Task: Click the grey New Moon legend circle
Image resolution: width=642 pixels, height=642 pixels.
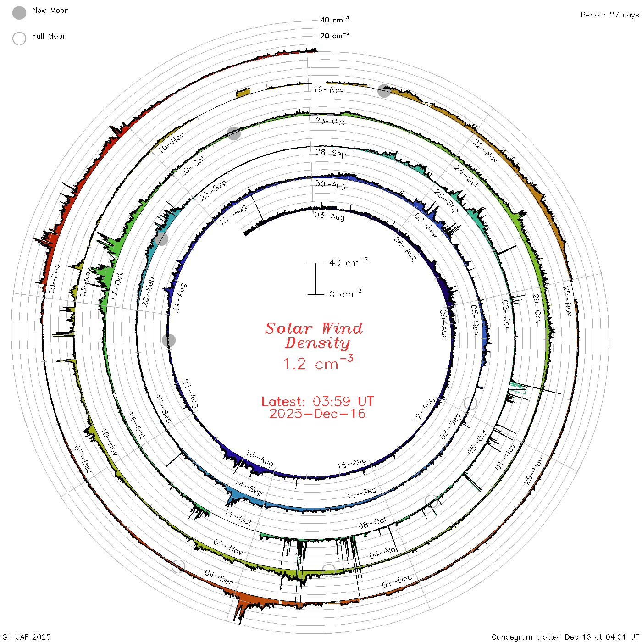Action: click(x=19, y=13)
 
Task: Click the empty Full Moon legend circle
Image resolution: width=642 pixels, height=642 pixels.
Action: click(x=19, y=39)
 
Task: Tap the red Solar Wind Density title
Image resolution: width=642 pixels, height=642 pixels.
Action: click(x=314, y=336)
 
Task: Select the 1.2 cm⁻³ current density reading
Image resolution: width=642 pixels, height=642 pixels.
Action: click(x=318, y=363)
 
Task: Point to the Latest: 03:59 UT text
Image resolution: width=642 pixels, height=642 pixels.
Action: click(x=317, y=401)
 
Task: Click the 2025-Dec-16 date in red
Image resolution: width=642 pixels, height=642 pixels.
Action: click(x=317, y=414)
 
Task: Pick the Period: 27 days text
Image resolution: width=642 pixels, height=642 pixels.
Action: click(x=610, y=15)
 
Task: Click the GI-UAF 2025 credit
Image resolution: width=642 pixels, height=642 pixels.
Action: click(x=26, y=637)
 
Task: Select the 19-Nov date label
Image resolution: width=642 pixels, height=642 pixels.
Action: click(x=329, y=89)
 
